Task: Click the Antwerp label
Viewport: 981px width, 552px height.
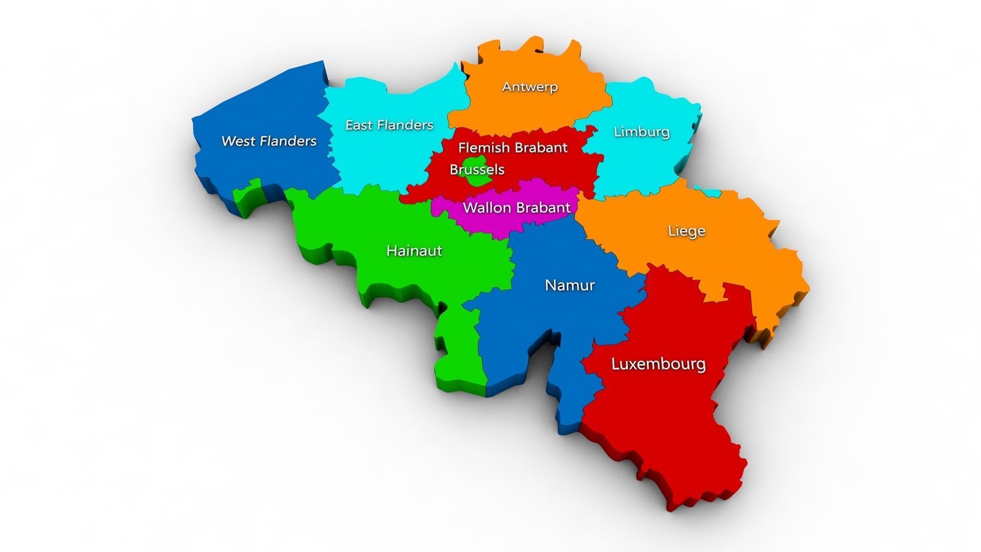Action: [530, 87]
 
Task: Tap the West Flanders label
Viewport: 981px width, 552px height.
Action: [269, 141]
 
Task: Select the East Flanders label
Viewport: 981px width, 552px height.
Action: [389, 125]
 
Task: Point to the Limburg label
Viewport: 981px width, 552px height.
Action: [641, 132]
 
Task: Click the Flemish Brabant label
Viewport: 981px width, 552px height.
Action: [512, 148]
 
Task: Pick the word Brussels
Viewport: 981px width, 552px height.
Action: [477, 169]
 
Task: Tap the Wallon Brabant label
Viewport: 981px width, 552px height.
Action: [516, 208]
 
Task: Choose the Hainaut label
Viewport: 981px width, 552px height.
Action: [414, 251]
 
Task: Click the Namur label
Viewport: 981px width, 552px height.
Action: [570, 285]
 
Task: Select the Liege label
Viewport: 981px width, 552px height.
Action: [687, 231]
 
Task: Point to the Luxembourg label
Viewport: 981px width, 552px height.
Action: [659, 364]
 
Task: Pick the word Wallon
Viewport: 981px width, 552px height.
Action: [486, 208]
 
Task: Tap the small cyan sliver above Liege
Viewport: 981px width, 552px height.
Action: [711, 192]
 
